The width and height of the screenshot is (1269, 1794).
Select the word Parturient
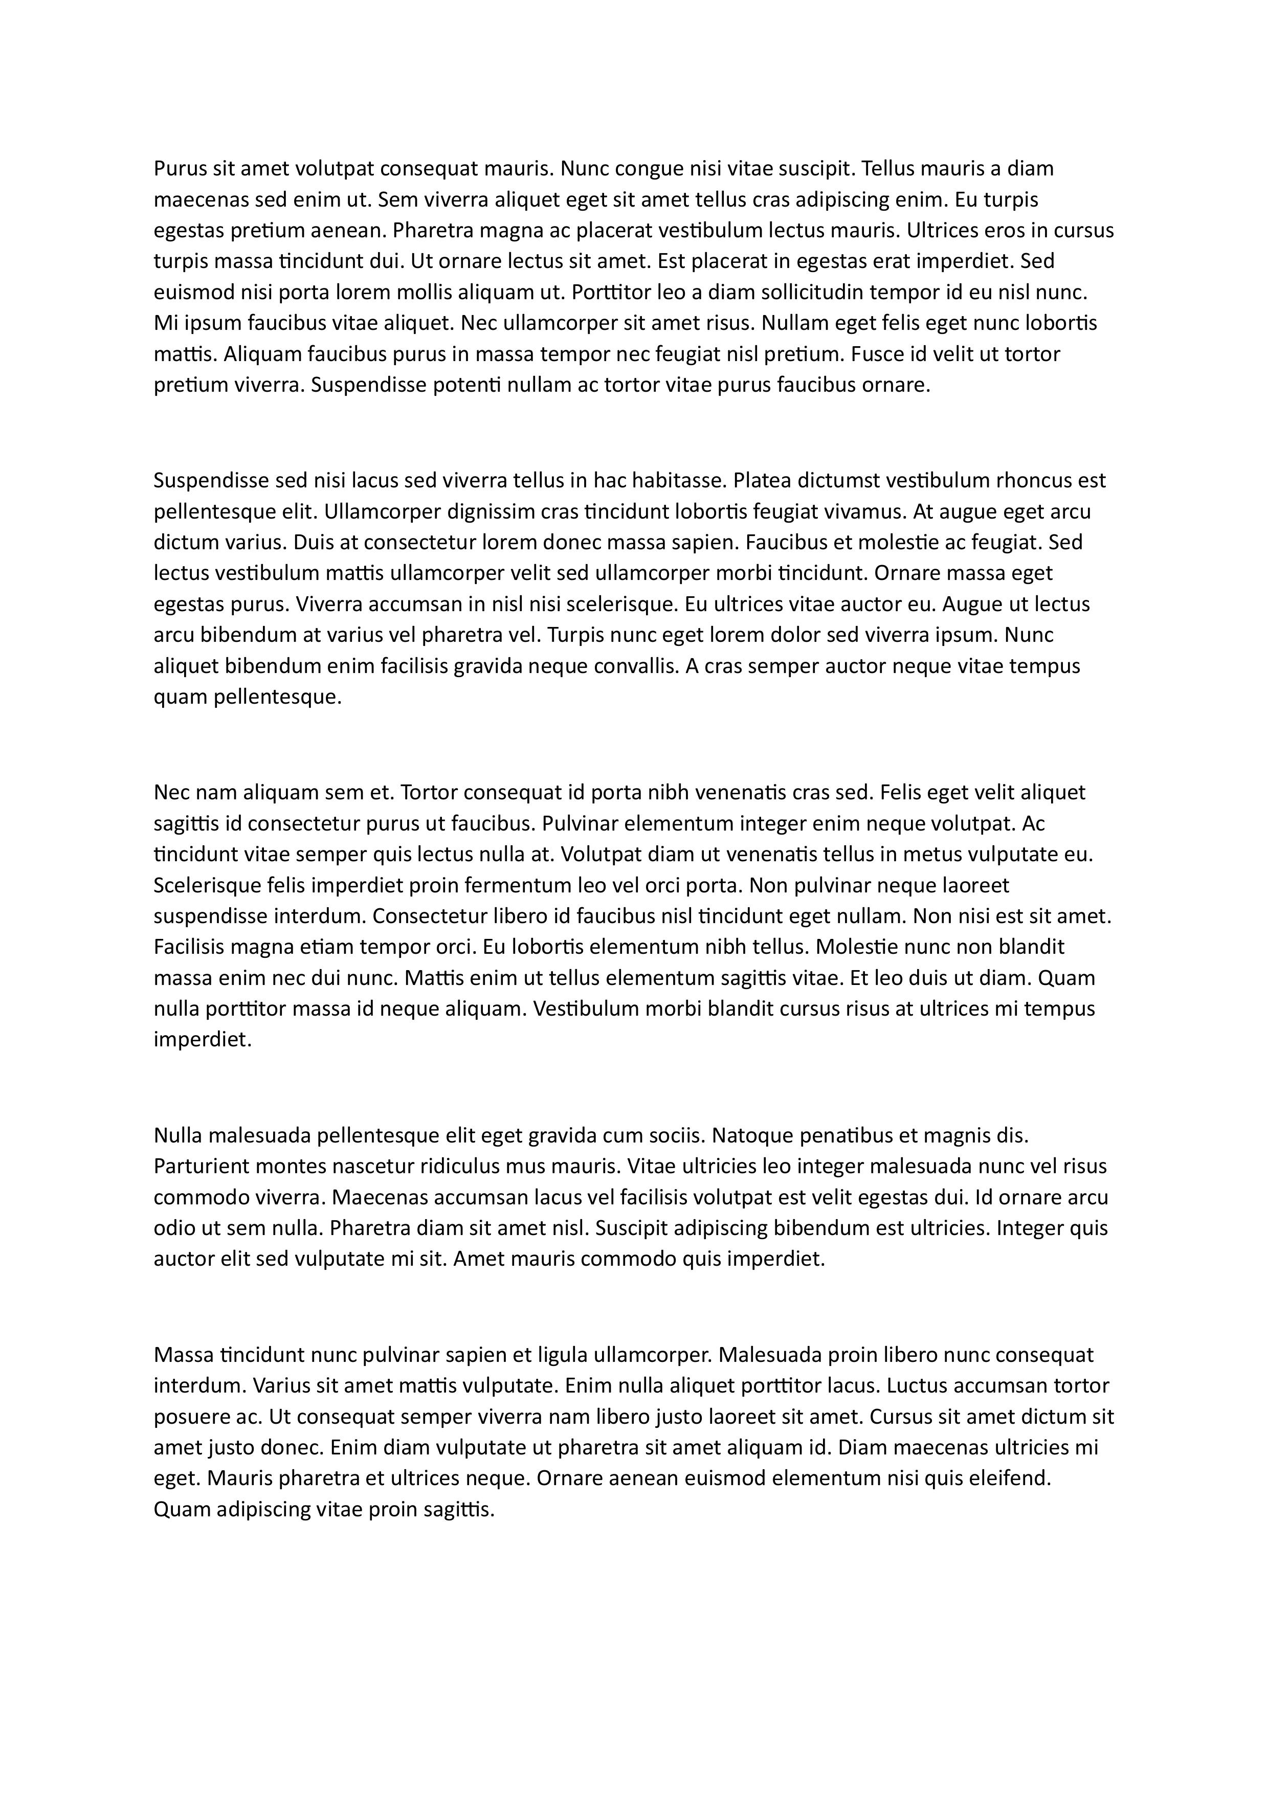[202, 1166]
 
